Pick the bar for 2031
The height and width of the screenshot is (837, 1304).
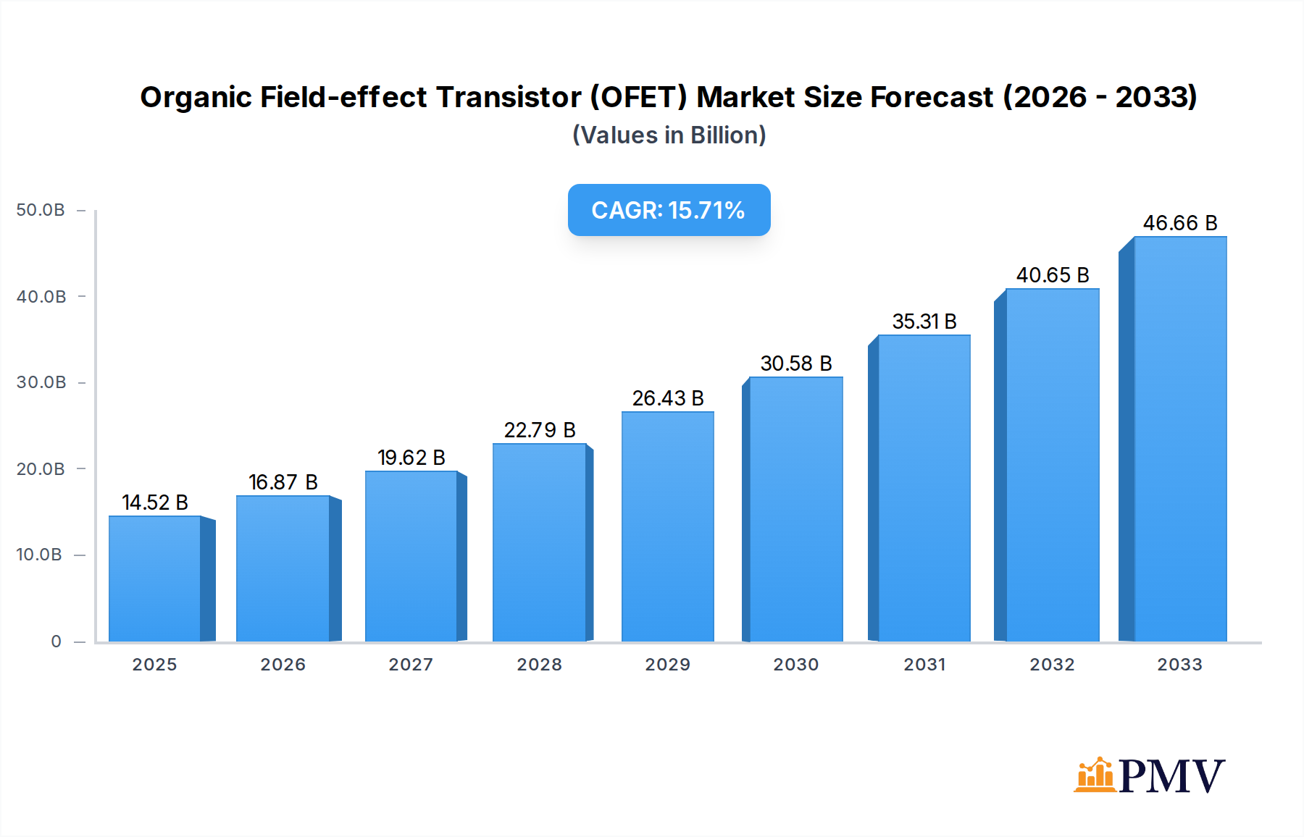924,488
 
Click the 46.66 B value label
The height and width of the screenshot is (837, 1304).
1179,223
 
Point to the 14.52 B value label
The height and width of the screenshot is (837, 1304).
155,502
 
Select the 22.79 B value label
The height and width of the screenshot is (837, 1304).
540,430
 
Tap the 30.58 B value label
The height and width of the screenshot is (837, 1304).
795,363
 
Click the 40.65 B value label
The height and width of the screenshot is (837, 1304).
1052,275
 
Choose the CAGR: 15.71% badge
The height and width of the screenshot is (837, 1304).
669,210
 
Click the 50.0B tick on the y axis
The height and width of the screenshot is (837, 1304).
41,210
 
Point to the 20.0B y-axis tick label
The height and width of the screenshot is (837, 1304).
41,469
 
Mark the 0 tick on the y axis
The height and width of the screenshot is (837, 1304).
56,642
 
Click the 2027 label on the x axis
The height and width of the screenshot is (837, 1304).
411,665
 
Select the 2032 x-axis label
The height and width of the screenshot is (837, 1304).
1052,665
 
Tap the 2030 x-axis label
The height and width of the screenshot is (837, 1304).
795,665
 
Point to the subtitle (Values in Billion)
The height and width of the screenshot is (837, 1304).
669,135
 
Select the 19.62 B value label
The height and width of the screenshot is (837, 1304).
411,458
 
